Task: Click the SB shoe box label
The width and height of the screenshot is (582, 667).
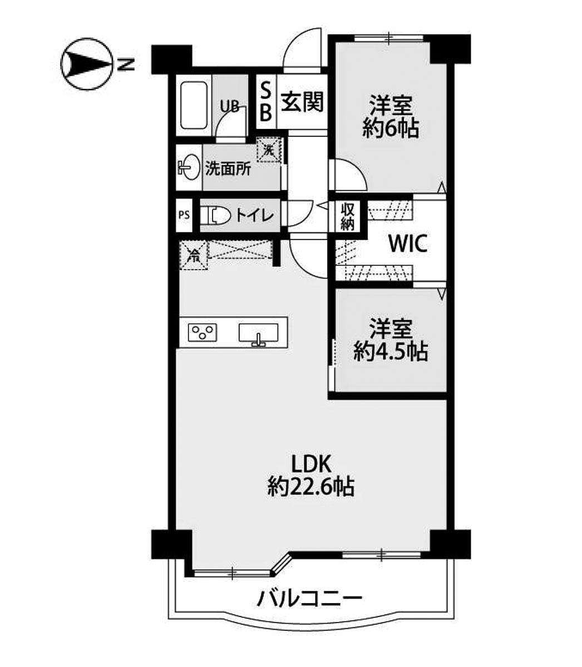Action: pos(266,102)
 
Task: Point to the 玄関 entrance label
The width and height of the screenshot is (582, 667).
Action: pos(302,102)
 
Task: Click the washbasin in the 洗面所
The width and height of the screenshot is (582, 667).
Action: pos(189,167)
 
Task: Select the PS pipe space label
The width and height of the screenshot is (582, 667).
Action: pos(183,215)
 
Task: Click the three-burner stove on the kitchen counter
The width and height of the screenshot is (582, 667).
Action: pos(203,332)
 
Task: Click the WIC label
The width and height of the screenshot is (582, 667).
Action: pos(408,243)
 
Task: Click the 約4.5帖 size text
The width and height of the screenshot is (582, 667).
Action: pos(391,351)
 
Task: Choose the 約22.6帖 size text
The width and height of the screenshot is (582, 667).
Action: pos(310,487)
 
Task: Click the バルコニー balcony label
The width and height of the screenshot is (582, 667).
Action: pos(310,599)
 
